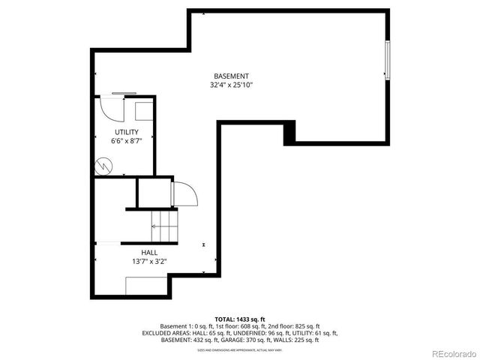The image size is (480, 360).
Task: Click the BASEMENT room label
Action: point(231,76)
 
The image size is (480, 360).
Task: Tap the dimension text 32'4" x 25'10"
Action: point(231,85)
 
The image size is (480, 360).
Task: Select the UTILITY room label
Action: point(126,132)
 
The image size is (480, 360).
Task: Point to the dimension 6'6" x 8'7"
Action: point(126,141)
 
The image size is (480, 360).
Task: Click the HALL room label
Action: point(149,253)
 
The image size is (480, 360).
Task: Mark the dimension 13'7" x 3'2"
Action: point(149,262)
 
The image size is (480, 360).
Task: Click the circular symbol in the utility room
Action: point(104,164)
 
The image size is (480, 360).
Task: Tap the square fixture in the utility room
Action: point(143,109)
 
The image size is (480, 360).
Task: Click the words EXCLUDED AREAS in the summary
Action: point(162,333)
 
